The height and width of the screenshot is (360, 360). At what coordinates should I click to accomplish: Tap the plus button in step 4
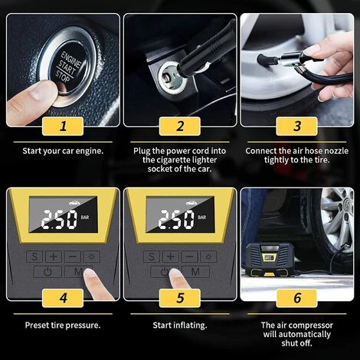[53, 255]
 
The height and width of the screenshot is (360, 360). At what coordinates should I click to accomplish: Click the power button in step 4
[48, 272]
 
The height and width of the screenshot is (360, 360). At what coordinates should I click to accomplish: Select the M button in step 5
[195, 272]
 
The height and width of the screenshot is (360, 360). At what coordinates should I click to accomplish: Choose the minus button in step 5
[190, 255]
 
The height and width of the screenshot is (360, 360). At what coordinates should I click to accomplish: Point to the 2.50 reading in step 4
[59, 221]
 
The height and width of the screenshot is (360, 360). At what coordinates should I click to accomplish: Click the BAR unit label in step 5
[202, 218]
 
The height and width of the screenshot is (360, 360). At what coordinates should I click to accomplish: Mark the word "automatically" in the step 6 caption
[296, 334]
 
